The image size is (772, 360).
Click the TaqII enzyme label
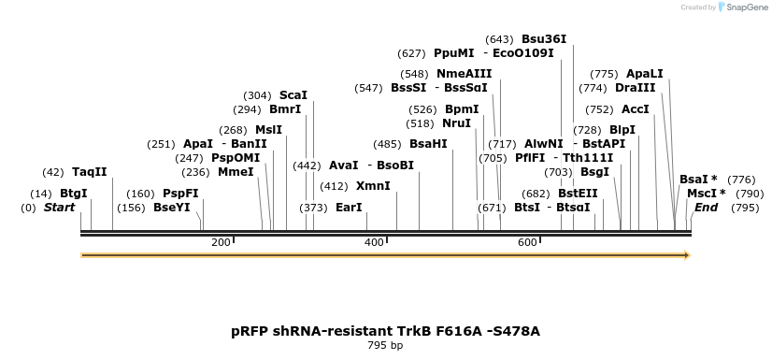click(x=90, y=172)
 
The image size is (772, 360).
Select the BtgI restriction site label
click(x=73, y=194)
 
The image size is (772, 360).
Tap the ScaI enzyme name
click(x=293, y=95)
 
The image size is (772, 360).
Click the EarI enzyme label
click(x=349, y=208)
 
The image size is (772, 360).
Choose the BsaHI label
click(x=428, y=144)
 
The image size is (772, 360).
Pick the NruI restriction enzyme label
click(x=456, y=123)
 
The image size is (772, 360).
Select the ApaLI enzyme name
click(x=645, y=74)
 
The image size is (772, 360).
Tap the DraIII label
click(x=636, y=88)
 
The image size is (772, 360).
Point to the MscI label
click(x=702, y=194)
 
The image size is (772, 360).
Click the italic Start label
click(x=60, y=208)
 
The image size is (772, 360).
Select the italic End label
click(x=706, y=208)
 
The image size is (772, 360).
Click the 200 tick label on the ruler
click(x=221, y=243)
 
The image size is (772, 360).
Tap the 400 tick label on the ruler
click(x=374, y=243)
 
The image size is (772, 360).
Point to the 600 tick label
click(x=527, y=243)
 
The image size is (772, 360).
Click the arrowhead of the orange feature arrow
click(x=686, y=255)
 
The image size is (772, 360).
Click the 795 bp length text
click(x=385, y=346)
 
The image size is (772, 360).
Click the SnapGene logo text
click(x=745, y=7)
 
